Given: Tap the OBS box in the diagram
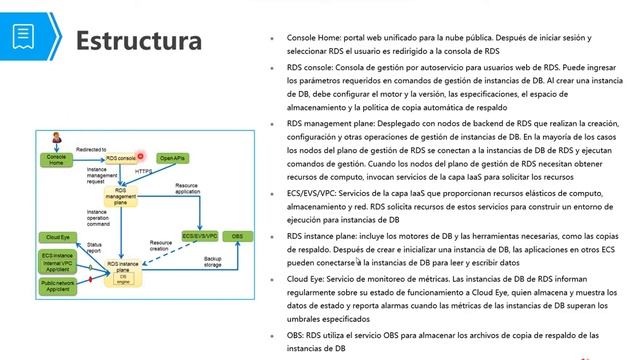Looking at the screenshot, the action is [236, 235].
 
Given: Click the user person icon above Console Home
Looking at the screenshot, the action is [55, 138].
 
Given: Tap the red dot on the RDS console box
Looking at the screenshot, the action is [141, 157].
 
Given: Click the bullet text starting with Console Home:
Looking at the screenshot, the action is [440, 43].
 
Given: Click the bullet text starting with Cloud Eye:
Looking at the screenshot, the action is [440, 282].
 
